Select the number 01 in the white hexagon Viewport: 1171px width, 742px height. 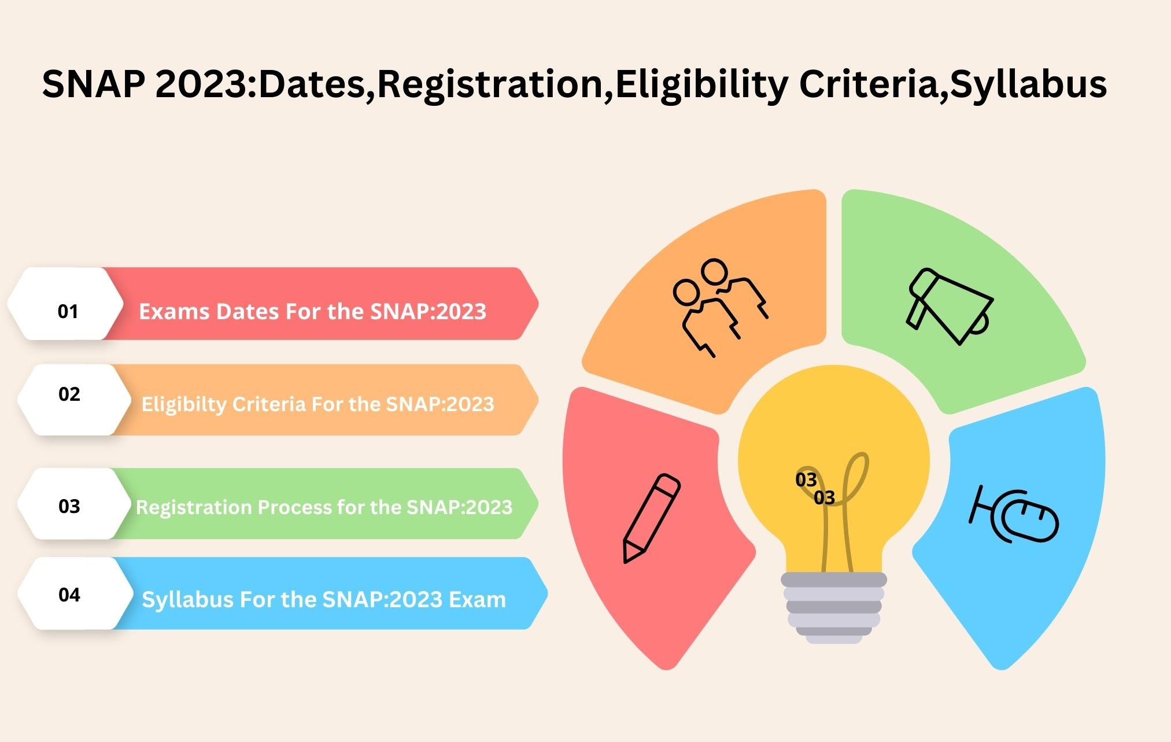(68, 312)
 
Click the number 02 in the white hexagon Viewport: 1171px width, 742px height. (69, 394)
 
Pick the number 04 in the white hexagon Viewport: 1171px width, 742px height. (69, 595)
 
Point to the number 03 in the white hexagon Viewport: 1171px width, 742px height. (69, 507)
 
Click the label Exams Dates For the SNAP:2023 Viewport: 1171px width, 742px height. (312, 312)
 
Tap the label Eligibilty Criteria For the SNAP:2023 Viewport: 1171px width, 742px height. (318, 404)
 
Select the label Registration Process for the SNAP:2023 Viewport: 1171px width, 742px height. (324, 507)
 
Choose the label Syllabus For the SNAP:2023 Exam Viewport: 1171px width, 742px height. (324, 600)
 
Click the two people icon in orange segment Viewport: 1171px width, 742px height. (719, 307)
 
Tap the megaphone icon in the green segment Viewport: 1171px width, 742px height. (948, 306)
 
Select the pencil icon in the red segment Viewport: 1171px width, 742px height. (651, 518)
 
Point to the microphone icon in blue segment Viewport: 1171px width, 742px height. (1013, 515)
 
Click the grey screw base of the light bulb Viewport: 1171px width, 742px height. (833, 608)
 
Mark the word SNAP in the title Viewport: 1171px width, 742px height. (94, 84)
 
